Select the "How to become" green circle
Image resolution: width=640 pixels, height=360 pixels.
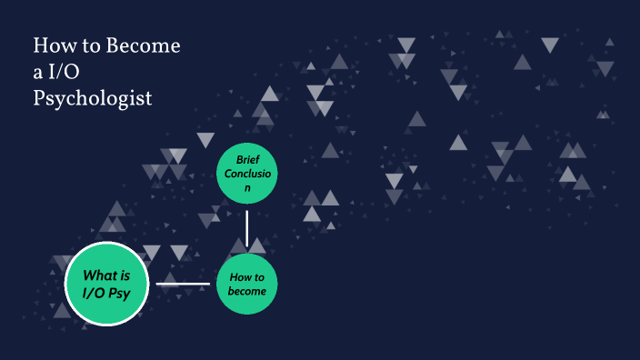pos(247,285)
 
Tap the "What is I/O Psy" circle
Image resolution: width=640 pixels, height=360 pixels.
pos(107,285)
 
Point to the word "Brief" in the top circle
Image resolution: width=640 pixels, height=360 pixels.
pos(247,159)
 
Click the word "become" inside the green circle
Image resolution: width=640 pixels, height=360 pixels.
pos(247,292)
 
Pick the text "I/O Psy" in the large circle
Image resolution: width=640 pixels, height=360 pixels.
pos(107,293)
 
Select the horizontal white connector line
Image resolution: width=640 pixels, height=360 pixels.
pos(183,284)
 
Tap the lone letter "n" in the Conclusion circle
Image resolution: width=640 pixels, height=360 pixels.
pos(246,188)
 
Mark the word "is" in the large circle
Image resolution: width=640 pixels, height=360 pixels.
pos(125,275)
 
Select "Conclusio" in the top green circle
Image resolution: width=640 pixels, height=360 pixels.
pos(247,174)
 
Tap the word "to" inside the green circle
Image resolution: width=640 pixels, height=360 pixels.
pos(258,277)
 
